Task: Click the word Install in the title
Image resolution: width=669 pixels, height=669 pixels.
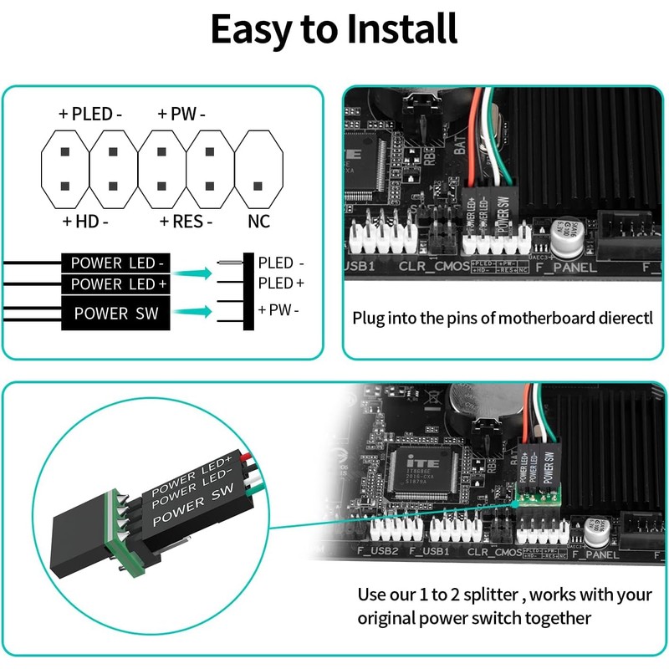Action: [x=393, y=29]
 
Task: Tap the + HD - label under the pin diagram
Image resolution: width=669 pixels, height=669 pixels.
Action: [x=85, y=222]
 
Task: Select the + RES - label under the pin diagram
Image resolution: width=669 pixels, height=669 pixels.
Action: [x=186, y=222]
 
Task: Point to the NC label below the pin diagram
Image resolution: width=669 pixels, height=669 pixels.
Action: [x=259, y=222]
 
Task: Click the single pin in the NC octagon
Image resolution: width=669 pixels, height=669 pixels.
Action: [x=258, y=186]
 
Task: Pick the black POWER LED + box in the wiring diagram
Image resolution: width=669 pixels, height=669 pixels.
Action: [x=117, y=284]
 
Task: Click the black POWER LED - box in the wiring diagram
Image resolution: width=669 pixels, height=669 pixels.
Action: [x=117, y=263]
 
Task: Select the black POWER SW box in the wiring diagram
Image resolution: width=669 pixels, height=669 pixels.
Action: [x=117, y=314]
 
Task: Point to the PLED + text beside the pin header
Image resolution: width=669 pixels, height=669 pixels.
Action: [x=281, y=283]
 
